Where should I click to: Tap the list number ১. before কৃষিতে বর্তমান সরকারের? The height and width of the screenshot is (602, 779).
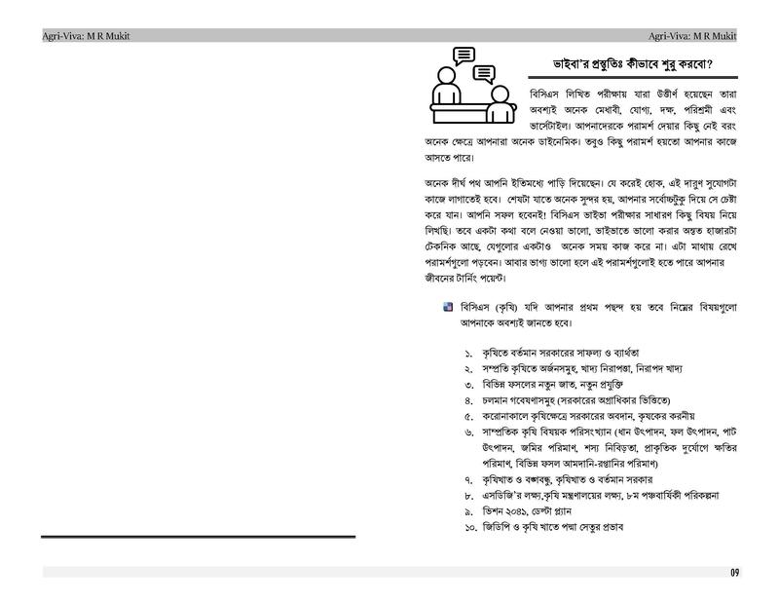click(467, 352)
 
